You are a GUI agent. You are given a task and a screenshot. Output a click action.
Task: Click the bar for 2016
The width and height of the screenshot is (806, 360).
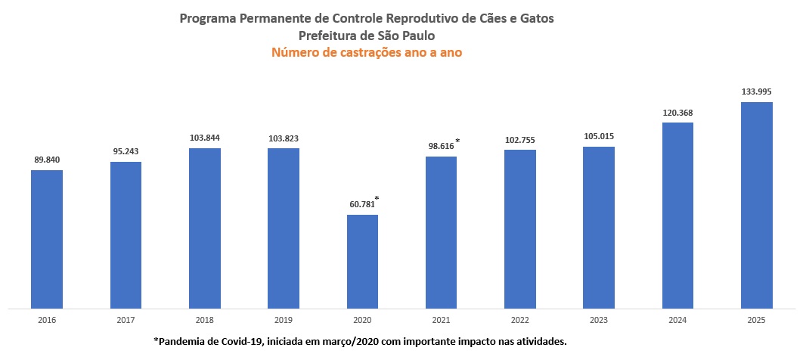pyautogui.click(x=46, y=239)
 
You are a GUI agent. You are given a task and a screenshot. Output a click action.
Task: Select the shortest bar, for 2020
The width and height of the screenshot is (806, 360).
pyautogui.click(x=362, y=262)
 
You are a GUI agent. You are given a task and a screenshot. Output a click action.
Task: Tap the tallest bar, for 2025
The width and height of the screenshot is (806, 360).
pyautogui.click(x=756, y=205)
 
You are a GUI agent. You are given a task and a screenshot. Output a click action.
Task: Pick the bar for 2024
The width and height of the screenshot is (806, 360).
pyautogui.click(x=677, y=216)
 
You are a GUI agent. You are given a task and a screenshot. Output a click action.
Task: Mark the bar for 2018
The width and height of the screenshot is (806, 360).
pyautogui.click(x=204, y=228)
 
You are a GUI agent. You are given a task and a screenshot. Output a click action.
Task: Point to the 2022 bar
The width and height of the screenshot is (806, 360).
pyautogui.click(x=520, y=229)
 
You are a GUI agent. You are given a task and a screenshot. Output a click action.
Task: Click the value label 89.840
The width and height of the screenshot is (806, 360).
pyautogui.click(x=47, y=160)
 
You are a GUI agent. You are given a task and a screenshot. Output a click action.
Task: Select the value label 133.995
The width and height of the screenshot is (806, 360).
pyautogui.click(x=756, y=92)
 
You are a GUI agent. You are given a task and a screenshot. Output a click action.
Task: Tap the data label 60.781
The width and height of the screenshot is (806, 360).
pyautogui.click(x=360, y=204)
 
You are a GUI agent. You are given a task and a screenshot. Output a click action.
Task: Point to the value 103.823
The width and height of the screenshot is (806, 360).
pyautogui.click(x=283, y=138)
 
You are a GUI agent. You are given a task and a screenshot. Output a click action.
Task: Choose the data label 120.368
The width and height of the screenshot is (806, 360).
pyautogui.click(x=677, y=113)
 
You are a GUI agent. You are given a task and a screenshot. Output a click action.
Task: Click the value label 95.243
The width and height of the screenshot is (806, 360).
pyautogui.click(x=126, y=151)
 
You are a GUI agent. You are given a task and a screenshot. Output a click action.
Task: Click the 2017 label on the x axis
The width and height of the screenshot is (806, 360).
pyautogui.click(x=126, y=321)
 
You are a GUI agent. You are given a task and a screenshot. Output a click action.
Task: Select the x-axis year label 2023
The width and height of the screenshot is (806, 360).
pyautogui.click(x=599, y=321)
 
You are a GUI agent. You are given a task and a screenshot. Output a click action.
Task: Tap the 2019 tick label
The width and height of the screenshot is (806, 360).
pyautogui.click(x=283, y=321)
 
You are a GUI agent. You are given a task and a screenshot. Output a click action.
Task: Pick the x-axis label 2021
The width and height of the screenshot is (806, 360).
pyautogui.click(x=441, y=321)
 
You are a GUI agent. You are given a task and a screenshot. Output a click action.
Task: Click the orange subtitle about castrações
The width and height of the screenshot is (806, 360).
pyautogui.click(x=367, y=53)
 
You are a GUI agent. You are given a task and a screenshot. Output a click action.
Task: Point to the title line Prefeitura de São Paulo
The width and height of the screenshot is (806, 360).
pyautogui.click(x=367, y=35)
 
